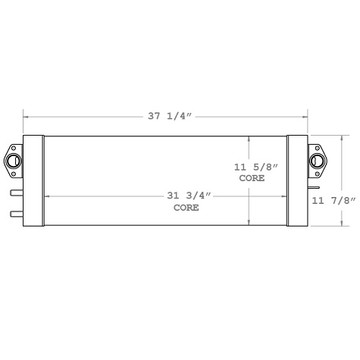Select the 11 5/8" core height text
251,165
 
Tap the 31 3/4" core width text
187,196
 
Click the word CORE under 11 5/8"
252,178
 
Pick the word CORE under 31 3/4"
186,208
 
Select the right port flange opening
316,160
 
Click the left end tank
33,180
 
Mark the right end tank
298,180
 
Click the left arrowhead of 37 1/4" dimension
26,117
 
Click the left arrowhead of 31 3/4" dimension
47,196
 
